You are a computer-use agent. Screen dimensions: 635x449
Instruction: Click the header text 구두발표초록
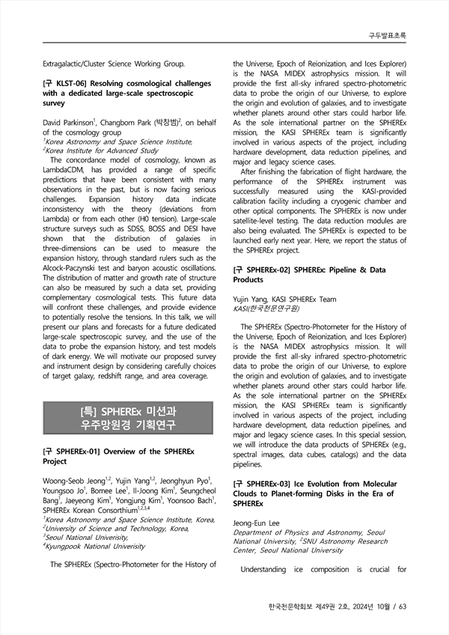click(x=388, y=35)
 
